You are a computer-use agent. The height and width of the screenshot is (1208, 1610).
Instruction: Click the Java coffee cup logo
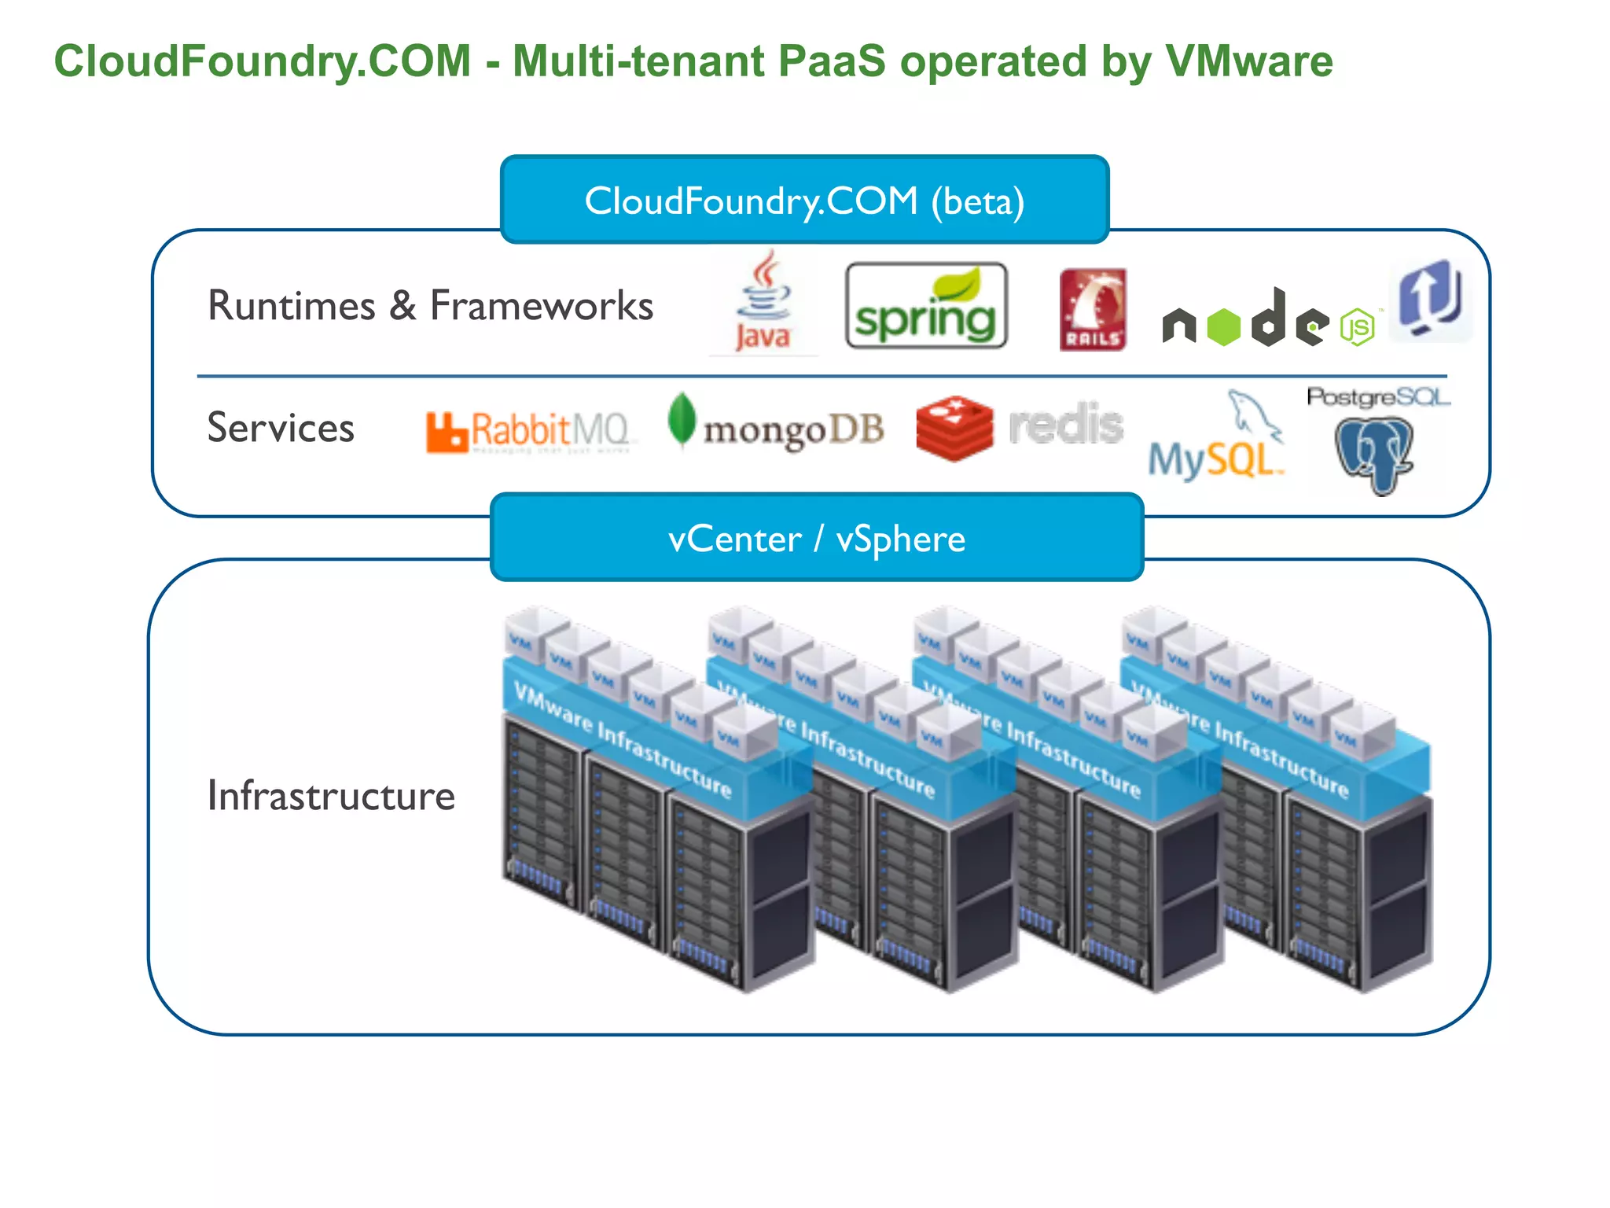click(763, 303)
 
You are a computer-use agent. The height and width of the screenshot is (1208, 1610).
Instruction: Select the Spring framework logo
click(925, 307)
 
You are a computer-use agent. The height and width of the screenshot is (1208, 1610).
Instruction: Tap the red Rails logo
click(1092, 309)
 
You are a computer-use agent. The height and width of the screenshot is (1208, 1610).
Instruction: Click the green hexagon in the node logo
click(1223, 326)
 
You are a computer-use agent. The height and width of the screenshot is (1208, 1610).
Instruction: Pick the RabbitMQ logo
click(528, 431)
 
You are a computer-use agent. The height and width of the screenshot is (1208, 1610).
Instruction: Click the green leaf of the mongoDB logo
click(681, 419)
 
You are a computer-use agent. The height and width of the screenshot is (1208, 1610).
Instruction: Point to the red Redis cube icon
click(954, 428)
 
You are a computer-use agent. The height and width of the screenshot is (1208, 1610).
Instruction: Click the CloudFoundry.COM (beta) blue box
click(804, 200)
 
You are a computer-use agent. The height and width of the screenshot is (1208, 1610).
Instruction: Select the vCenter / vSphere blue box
click(816, 538)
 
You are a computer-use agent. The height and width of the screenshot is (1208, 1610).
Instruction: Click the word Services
click(281, 428)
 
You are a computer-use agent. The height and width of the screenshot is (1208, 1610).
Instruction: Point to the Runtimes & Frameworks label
click(430, 305)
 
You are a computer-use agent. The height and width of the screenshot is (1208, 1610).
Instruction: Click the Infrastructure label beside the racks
click(331, 795)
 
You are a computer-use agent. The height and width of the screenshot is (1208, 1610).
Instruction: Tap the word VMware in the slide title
click(1248, 61)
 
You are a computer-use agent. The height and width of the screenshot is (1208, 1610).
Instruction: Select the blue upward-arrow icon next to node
click(1430, 300)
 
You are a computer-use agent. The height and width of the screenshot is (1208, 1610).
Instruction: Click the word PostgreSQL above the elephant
click(1377, 397)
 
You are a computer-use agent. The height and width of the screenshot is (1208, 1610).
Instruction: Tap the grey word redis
click(1065, 425)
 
